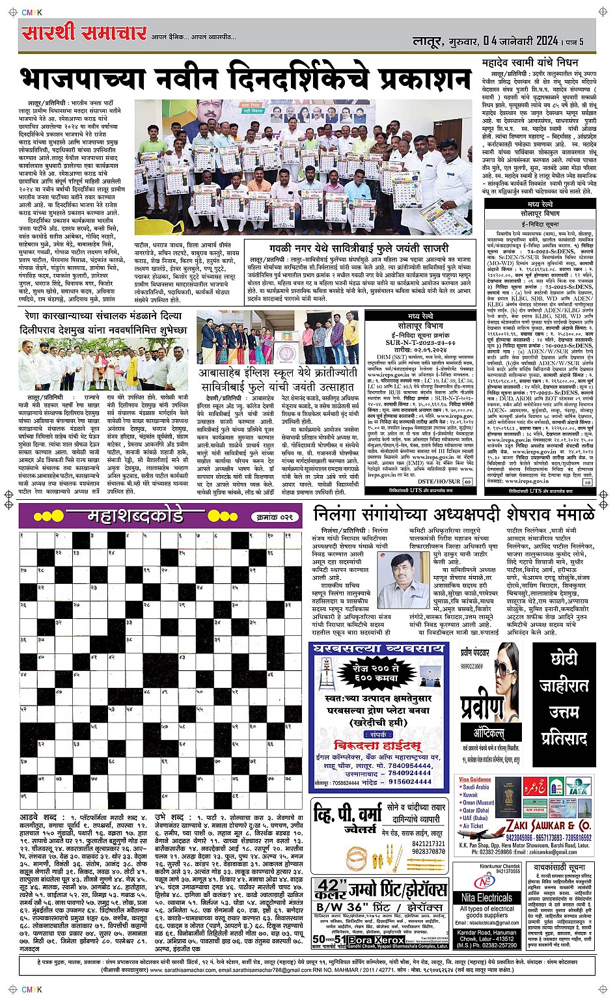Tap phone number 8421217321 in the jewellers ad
click(x=428, y=843)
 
